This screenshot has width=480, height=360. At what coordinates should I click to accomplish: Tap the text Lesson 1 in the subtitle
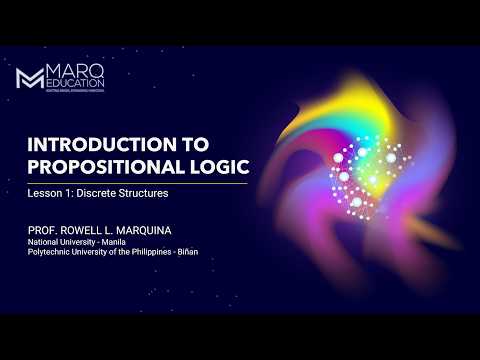point(50,192)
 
